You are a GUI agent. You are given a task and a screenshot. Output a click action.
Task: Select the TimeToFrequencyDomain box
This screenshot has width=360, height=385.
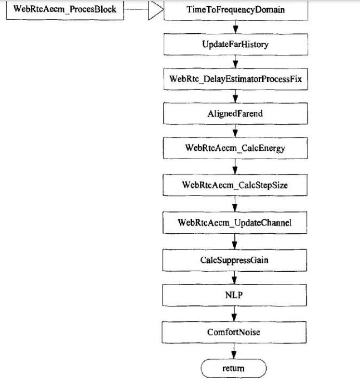pyautogui.click(x=236, y=10)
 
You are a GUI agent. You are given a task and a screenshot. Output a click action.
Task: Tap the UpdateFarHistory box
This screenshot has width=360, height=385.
pyautogui.click(x=235, y=45)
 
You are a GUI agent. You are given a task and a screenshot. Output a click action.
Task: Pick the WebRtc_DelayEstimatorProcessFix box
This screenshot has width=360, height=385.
pyautogui.click(x=235, y=79)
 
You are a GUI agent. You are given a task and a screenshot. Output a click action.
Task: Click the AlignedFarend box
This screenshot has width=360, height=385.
pyautogui.click(x=235, y=114)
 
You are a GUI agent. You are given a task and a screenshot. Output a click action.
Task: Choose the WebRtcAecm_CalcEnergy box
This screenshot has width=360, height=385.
pyautogui.click(x=235, y=148)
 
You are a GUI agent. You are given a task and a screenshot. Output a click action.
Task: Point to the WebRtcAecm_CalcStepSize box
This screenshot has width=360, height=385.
pyautogui.click(x=235, y=185)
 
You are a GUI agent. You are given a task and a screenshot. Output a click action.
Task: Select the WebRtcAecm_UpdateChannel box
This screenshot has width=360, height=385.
pyautogui.click(x=235, y=223)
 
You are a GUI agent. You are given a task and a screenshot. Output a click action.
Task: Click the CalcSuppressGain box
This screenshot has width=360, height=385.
pyautogui.click(x=234, y=260)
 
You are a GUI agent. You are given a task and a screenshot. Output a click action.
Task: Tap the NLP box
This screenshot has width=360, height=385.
pyautogui.click(x=234, y=295)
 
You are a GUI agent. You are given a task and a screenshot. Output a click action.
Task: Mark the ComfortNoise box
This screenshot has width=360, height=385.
pyautogui.click(x=234, y=332)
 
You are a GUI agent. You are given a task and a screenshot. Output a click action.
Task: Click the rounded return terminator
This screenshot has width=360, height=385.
pyautogui.click(x=233, y=369)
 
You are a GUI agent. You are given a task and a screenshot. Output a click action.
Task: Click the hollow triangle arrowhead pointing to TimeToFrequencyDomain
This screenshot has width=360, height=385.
pyautogui.click(x=155, y=10)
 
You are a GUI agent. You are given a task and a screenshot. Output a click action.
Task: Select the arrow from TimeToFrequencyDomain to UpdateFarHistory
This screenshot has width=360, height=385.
pyautogui.click(x=235, y=27)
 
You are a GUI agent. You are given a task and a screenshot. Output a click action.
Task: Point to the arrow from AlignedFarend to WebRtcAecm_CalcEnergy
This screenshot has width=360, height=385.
pyautogui.click(x=235, y=131)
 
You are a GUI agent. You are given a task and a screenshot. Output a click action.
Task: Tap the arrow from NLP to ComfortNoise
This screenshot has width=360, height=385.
pyautogui.click(x=234, y=314)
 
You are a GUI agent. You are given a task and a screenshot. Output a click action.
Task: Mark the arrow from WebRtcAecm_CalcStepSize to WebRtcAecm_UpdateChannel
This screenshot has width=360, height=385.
pyautogui.click(x=235, y=204)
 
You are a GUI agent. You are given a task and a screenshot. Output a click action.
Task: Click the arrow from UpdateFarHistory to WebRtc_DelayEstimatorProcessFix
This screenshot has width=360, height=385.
pyautogui.click(x=235, y=62)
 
